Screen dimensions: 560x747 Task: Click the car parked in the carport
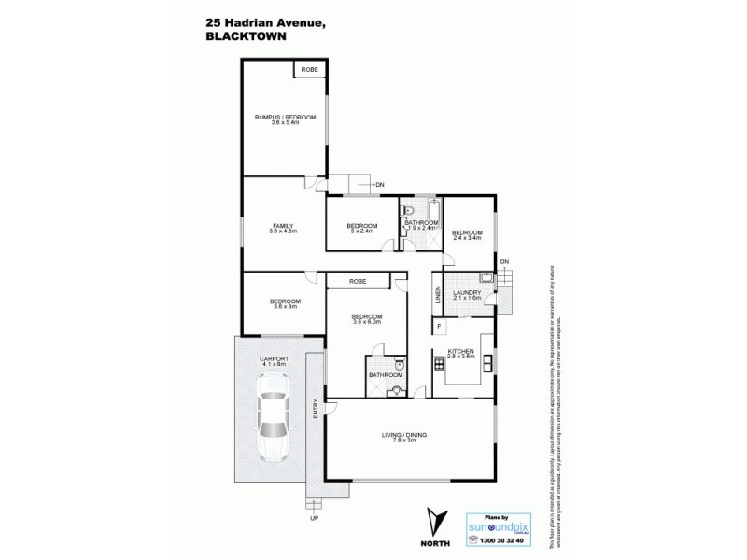pos(275,417)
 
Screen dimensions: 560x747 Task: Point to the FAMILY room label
pos(284,227)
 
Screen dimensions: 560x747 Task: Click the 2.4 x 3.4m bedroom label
pos(467,234)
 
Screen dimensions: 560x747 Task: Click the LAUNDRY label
pos(466,294)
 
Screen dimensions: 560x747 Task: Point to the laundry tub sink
pos(485,277)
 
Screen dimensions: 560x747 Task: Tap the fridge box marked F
pos(439,326)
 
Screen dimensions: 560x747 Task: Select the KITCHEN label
pos(462,353)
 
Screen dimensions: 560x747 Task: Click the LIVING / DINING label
pos(403,436)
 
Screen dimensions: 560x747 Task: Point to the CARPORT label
pos(275,359)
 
